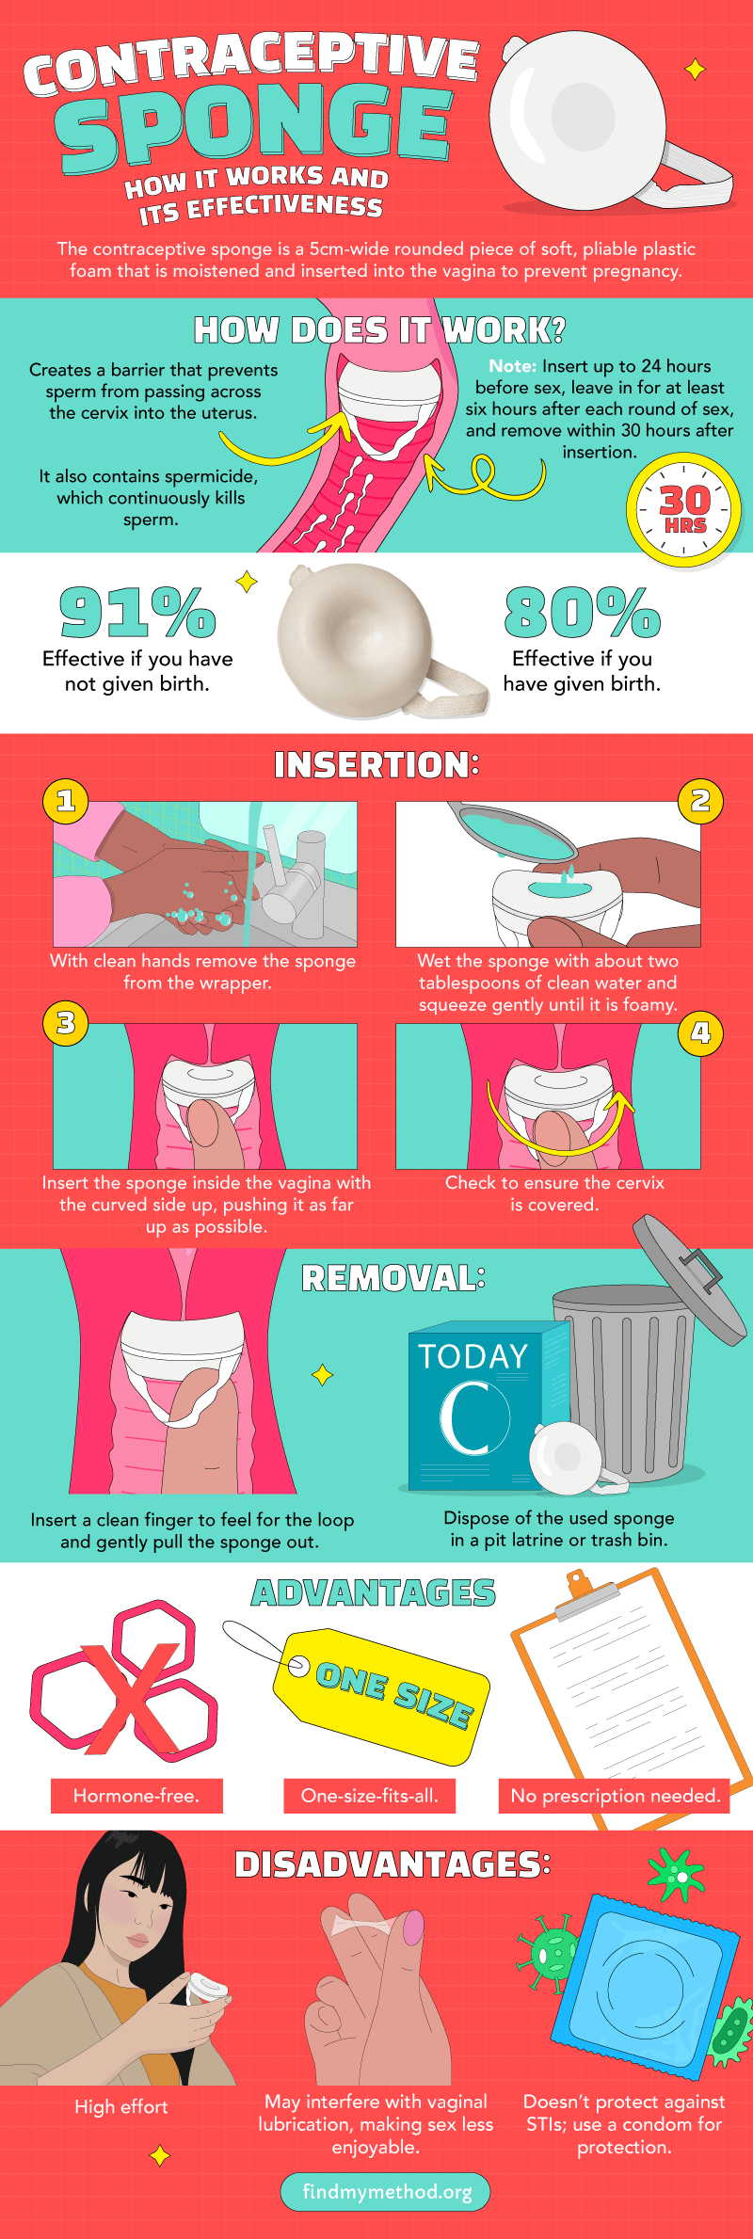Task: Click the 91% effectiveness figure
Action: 137,612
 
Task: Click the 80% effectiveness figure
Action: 582,612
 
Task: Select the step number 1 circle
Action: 66,801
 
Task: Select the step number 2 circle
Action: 700,801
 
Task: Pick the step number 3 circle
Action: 66,1023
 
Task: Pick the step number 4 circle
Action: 700,1032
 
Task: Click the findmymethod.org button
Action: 386,2192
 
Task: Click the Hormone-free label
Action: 136,1796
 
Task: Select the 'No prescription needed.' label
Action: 615,1796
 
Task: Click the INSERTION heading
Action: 376,765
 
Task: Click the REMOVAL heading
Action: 393,1278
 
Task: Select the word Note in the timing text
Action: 513,366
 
